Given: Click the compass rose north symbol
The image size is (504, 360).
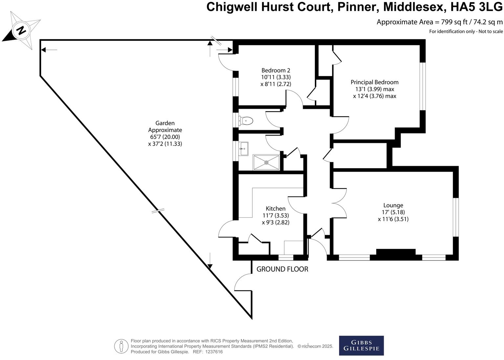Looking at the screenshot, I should click(21, 31).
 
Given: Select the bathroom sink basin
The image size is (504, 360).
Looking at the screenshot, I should click(244, 149).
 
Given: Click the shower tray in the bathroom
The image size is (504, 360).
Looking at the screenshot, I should click(266, 162).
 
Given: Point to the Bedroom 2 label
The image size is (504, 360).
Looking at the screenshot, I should click(275, 70).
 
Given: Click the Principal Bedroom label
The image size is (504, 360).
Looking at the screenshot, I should click(374, 82).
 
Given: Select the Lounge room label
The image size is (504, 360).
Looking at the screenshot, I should click(393, 205).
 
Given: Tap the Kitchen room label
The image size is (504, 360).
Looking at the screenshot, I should click(275, 209).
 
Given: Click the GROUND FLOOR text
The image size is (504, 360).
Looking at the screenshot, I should click(282, 269).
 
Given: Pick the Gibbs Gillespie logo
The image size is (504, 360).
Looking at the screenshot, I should click(361, 345).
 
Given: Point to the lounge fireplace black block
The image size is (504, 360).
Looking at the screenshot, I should click(396, 252).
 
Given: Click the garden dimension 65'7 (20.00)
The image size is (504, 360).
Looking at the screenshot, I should click(165, 137).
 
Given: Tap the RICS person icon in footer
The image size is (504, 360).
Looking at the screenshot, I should click(121, 346).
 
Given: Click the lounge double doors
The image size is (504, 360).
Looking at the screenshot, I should click(340, 203).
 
